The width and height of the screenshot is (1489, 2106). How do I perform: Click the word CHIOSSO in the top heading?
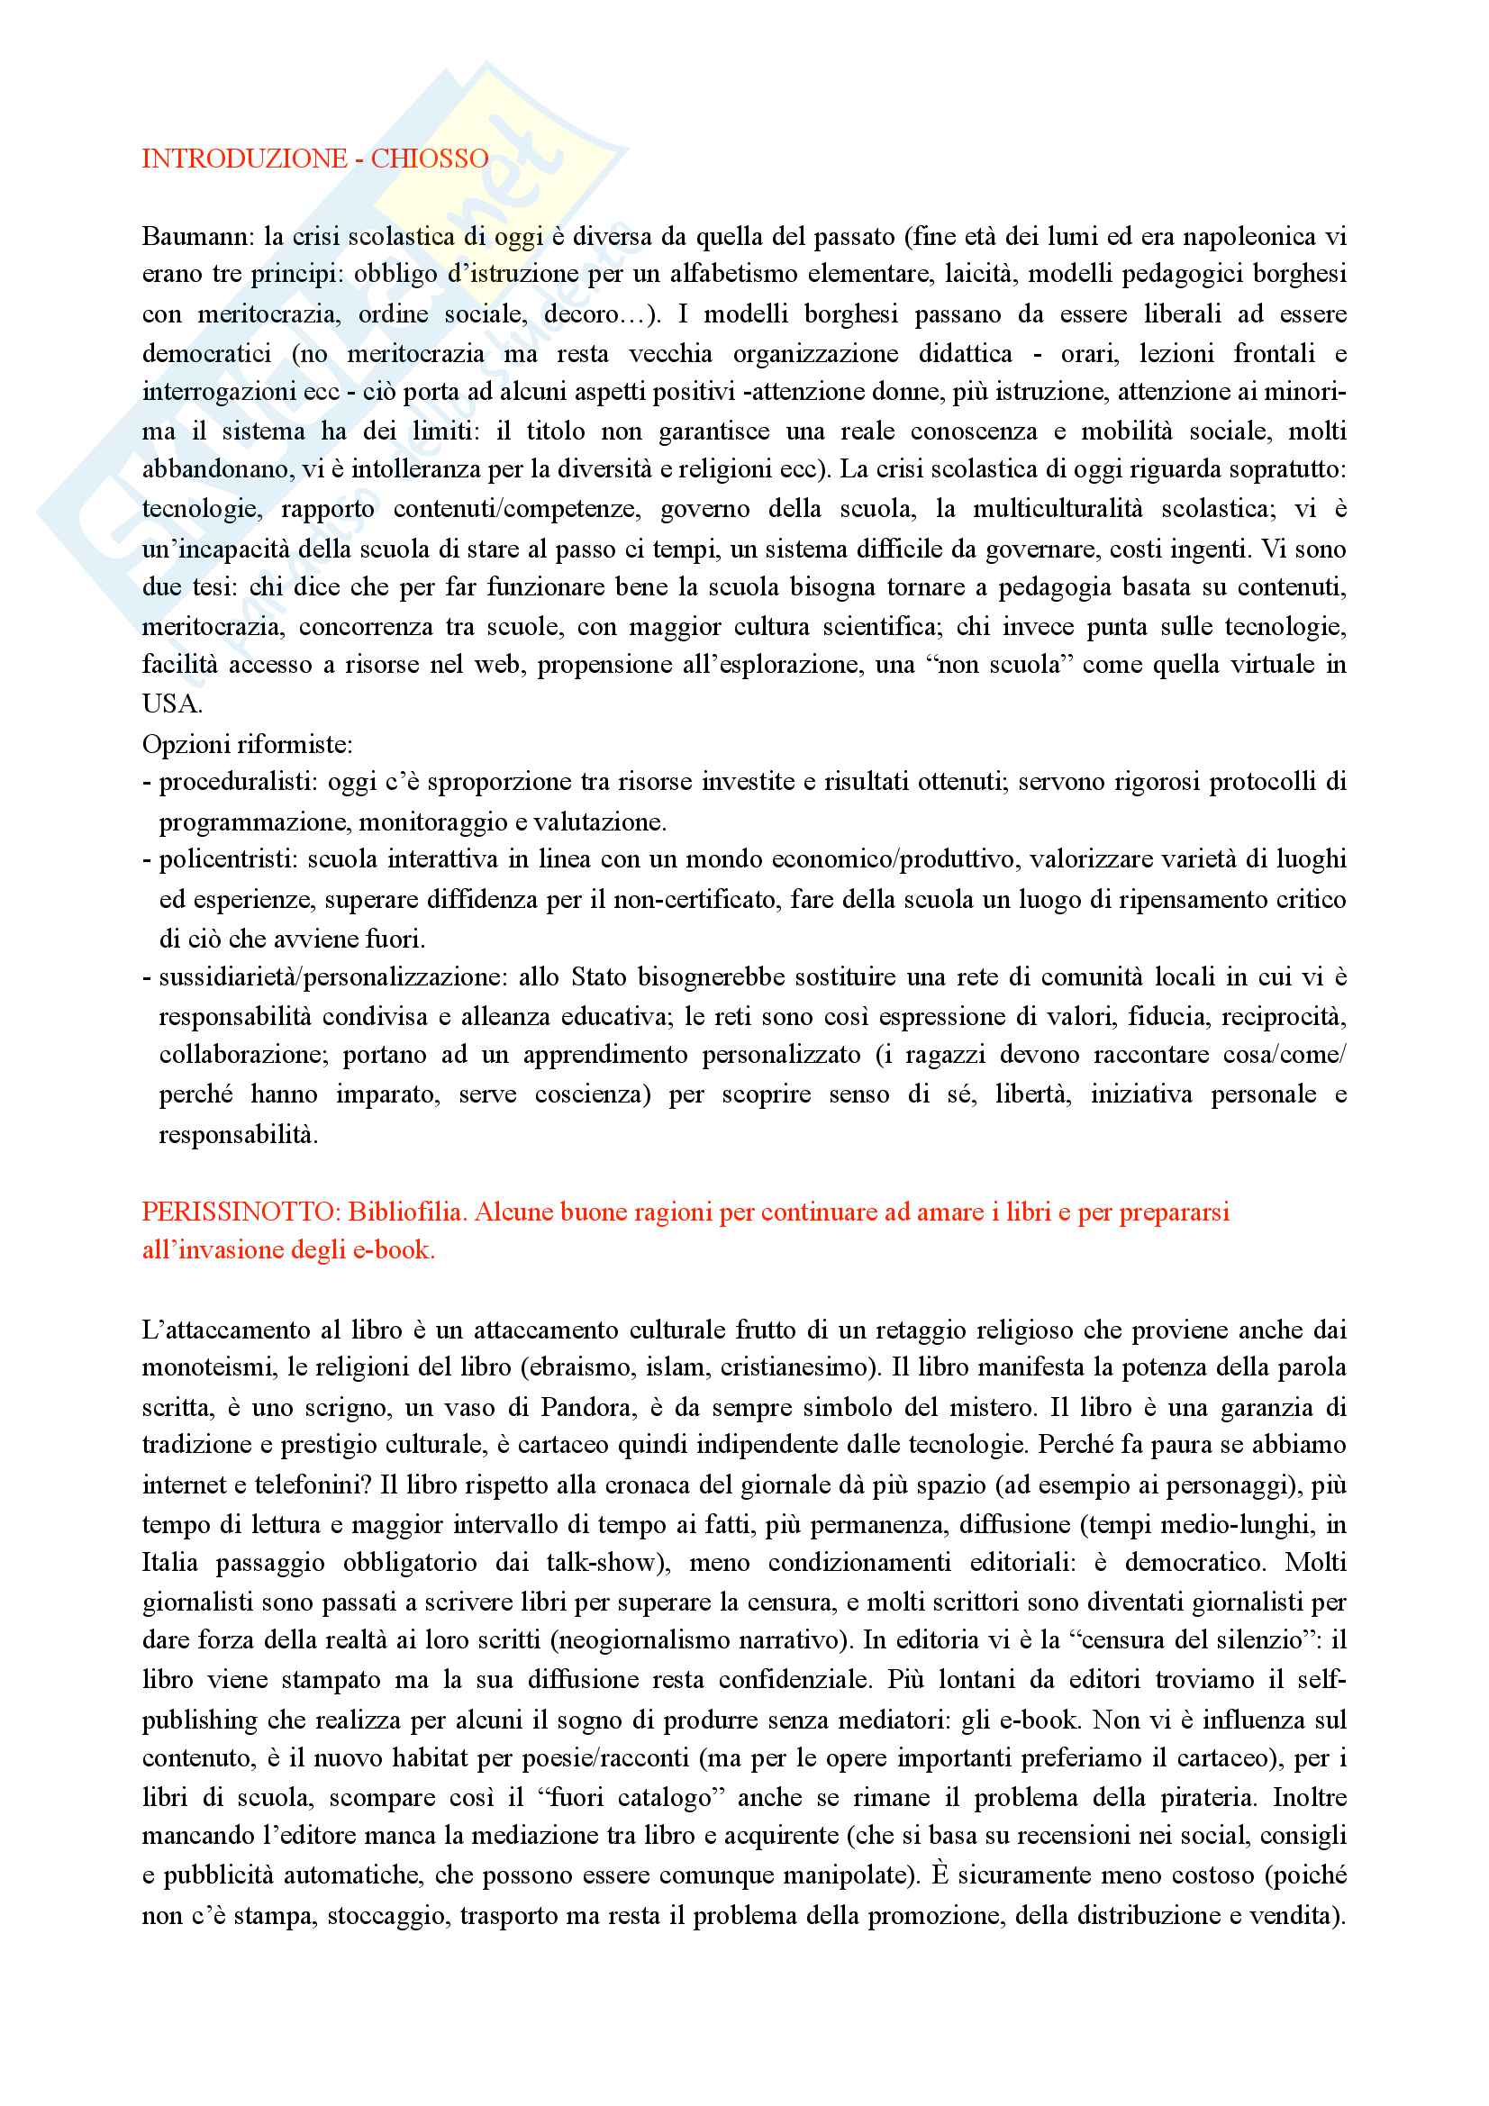click(x=430, y=159)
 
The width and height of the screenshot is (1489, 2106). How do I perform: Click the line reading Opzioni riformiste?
click(x=247, y=744)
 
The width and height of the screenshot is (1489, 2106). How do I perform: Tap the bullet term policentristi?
click(x=228, y=859)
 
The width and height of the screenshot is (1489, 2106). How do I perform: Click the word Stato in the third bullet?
click(x=597, y=976)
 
